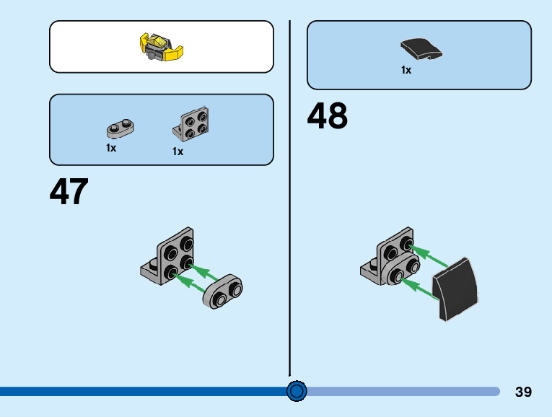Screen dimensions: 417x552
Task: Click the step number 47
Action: click(x=69, y=192)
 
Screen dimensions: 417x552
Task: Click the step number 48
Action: click(x=328, y=116)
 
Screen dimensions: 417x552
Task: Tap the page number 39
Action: click(x=524, y=392)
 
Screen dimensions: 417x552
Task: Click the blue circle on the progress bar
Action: click(x=297, y=391)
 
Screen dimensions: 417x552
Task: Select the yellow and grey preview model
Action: click(x=161, y=47)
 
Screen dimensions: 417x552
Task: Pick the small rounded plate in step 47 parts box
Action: click(x=121, y=128)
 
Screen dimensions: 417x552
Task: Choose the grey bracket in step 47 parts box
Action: click(x=191, y=123)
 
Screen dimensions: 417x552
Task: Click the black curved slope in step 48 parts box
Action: click(x=421, y=49)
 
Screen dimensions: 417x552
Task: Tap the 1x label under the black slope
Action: click(x=406, y=70)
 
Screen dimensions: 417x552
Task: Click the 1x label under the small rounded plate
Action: click(x=111, y=148)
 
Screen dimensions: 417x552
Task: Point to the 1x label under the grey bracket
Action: click(x=178, y=152)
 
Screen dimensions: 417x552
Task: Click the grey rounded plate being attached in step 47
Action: click(x=224, y=291)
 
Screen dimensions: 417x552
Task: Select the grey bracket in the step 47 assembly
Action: click(x=168, y=255)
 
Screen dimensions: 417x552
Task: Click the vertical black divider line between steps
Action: click(x=290, y=195)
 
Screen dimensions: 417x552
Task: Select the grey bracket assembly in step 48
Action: click(x=390, y=260)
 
